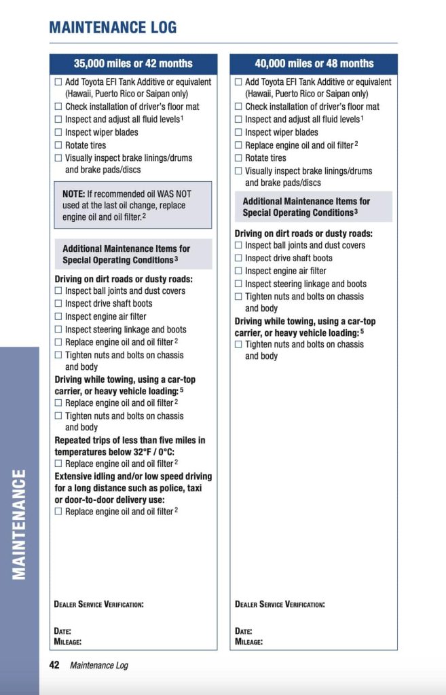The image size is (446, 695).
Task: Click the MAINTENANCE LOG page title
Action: click(113, 28)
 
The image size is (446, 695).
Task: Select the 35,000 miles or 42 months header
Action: click(133, 64)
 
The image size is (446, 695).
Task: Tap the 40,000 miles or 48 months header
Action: click(314, 64)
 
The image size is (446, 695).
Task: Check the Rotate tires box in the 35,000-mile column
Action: click(58, 145)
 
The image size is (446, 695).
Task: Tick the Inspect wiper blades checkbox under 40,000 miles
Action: click(238, 132)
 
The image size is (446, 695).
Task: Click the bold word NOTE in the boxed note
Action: click(73, 193)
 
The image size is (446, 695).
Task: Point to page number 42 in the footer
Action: click(54, 665)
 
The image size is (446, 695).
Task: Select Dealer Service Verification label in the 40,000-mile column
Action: click(280, 604)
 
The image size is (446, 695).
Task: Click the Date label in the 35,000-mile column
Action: click(62, 631)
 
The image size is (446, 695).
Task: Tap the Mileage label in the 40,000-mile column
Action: click(248, 641)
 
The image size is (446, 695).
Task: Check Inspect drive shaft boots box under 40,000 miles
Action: click(238, 259)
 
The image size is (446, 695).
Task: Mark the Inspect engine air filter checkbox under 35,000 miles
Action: click(58, 316)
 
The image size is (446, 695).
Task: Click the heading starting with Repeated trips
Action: click(130, 446)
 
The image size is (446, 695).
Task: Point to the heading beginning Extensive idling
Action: click(133, 488)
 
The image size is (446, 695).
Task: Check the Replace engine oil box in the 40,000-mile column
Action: click(238, 145)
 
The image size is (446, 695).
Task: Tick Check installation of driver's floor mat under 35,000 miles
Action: click(58, 107)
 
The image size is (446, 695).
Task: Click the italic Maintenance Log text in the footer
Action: click(99, 665)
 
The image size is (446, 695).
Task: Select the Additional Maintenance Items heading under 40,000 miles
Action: click(306, 207)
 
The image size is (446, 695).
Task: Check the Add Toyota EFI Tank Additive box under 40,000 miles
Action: click(238, 82)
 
